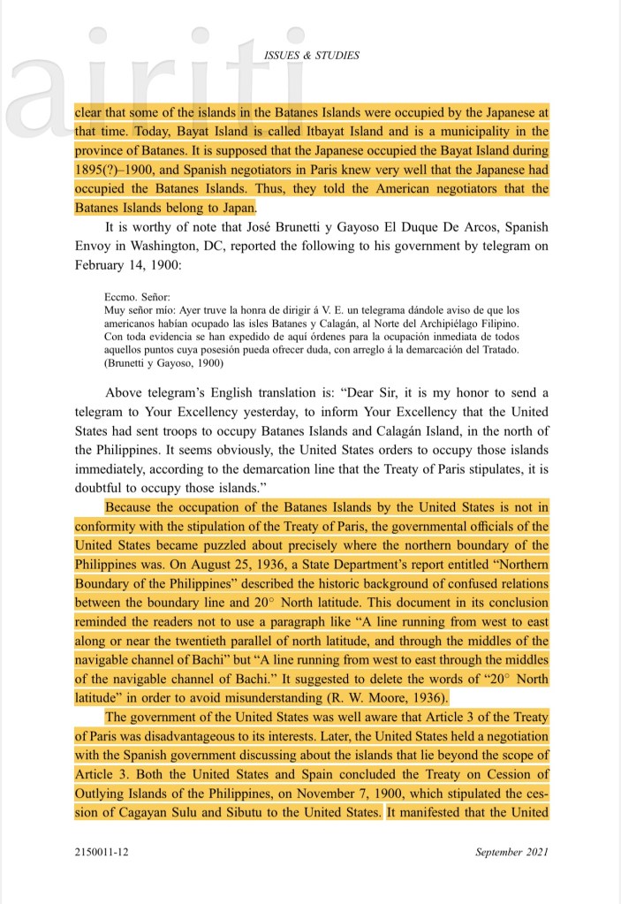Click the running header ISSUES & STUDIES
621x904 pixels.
(x=312, y=56)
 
